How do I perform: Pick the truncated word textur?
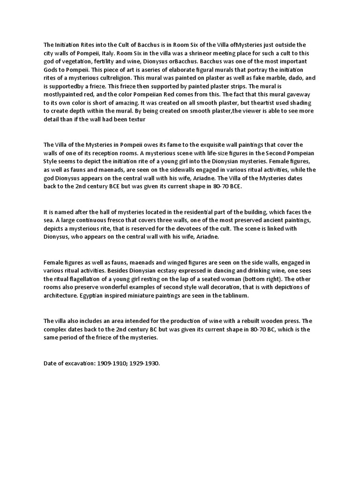click(149, 120)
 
